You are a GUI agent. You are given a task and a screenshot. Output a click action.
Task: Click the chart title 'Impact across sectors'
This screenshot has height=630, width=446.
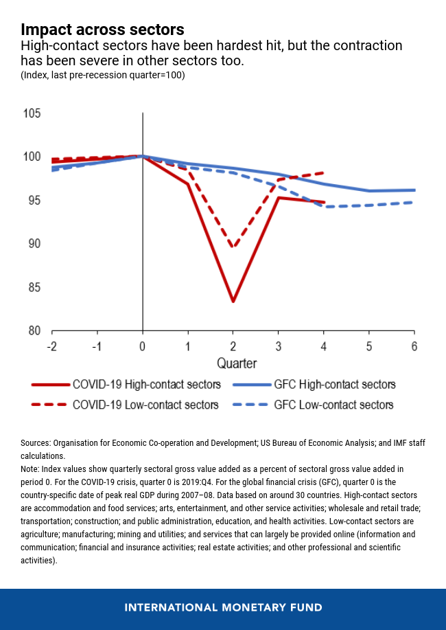(102, 30)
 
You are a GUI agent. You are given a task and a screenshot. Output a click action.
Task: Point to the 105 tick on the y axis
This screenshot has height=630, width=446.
(32, 113)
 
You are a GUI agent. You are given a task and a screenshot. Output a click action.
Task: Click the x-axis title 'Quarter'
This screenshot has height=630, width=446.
(237, 363)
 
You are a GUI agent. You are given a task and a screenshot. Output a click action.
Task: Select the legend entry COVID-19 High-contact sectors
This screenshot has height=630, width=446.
(146, 385)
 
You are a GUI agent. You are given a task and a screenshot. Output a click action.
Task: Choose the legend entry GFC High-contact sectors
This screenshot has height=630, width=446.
(334, 385)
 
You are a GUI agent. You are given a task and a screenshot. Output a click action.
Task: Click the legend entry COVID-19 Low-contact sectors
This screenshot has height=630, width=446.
(145, 405)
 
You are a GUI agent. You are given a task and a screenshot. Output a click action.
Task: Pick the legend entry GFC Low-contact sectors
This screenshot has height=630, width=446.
(333, 405)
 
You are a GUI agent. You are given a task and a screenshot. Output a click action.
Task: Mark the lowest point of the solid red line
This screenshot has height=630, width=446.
(233, 301)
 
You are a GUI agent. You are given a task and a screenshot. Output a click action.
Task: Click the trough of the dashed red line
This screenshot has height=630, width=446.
(233, 247)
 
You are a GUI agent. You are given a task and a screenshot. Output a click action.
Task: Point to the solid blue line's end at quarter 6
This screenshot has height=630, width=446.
(414, 190)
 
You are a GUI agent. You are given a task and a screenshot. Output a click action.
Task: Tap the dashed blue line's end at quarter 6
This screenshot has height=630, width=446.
(414, 202)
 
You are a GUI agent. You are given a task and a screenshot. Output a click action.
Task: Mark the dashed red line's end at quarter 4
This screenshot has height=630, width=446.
(323, 172)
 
